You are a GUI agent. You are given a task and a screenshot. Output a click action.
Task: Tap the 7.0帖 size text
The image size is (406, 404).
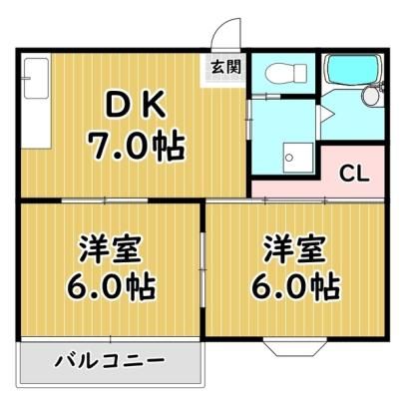coord(136,146)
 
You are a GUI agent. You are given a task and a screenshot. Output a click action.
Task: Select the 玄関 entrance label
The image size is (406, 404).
coord(226,68)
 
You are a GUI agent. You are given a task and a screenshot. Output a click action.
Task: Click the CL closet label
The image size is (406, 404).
coord(354,174)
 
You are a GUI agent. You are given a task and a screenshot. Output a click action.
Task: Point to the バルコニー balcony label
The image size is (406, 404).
coord(110,361)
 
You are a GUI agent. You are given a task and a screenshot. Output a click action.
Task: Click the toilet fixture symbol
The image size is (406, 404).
coord(285,73)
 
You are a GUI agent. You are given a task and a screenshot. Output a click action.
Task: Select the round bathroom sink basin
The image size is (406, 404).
coord(371,96)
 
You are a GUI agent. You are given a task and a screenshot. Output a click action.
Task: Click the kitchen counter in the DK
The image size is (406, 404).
coord(36,101)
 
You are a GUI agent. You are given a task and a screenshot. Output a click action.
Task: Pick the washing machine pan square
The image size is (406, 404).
coord(298,158)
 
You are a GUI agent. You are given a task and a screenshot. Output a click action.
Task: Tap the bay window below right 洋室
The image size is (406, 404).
coord(295,347)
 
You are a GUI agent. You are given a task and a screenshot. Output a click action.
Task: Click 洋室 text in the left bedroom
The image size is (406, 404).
coord(109,248)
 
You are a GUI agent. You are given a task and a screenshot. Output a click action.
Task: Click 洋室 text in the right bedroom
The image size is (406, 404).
coord(294,248)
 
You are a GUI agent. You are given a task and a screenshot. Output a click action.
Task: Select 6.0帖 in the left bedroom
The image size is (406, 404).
coord(111,286)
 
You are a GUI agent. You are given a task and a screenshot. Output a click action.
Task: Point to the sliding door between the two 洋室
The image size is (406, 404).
coord(203,269)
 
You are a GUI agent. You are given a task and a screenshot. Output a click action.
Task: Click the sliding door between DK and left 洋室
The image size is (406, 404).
coord(105,201)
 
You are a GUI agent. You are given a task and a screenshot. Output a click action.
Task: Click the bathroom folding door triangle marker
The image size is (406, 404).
coord(327,114)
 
